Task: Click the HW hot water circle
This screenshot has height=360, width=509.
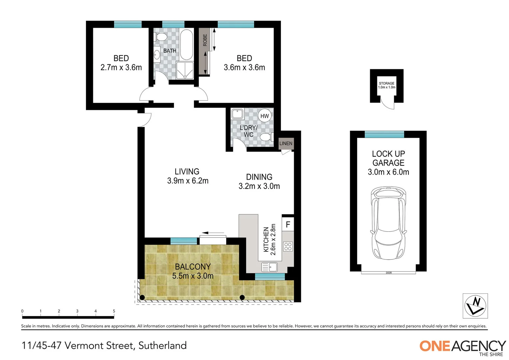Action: (264, 116)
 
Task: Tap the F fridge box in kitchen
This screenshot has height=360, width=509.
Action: (288, 224)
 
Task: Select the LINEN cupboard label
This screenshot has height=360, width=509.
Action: (286, 143)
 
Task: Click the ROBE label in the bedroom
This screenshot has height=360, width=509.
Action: (205, 40)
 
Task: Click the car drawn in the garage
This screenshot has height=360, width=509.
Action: (388, 223)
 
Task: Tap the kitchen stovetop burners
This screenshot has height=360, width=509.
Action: (288, 247)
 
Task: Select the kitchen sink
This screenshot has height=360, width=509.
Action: (269, 267)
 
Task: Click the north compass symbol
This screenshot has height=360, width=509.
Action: (475, 306)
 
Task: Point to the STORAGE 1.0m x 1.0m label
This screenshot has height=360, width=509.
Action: (386, 85)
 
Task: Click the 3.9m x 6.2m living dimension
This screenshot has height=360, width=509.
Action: (188, 181)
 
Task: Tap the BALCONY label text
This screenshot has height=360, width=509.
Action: (193, 267)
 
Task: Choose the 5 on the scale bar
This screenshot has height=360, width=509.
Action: (114, 311)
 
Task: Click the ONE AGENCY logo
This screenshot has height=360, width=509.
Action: (463, 348)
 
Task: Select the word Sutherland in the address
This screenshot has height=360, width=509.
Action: (163, 345)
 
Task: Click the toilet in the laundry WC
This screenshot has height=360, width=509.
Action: (266, 137)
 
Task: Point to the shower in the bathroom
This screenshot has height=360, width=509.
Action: (185, 70)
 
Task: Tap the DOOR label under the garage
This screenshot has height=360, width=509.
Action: (388, 273)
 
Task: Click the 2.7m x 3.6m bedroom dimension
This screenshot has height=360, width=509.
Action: (121, 68)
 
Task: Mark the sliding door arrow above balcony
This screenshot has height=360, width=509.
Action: (213, 233)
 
